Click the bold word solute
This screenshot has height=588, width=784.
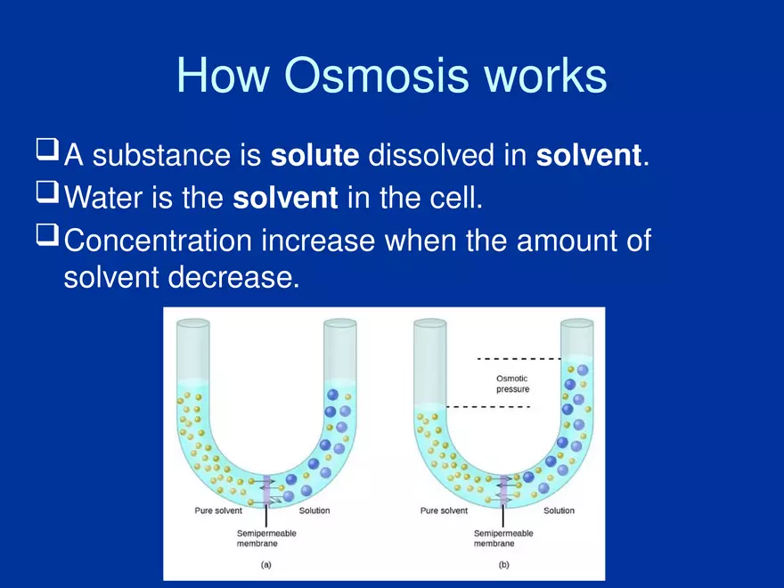[x=314, y=155]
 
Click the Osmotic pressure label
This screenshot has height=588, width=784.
[x=512, y=384]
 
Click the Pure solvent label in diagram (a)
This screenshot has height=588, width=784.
[x=219, y=511]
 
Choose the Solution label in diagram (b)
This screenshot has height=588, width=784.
[x=559, y=511]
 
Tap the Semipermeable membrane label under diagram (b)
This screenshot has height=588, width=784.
[x=502, y=538]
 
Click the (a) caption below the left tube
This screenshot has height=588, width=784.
[x=265, y=565]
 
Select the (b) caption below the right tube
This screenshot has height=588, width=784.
[x=503, y=565]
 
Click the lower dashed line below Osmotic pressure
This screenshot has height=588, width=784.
[x=487, y=406]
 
